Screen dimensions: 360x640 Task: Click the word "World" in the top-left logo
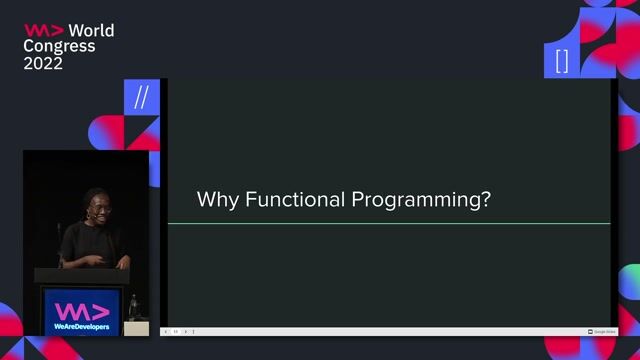[x=91, y=30]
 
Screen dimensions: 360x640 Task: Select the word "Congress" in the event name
[x=60, y=46]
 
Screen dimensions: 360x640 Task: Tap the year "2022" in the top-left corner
[x=43, y=63]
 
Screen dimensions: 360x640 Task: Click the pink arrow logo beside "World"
[x=44, y=30]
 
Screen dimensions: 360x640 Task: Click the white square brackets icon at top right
[x=561, y=61]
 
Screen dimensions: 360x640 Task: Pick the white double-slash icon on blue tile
[x=141, y=97]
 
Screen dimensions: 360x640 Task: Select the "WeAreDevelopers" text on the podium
[x=82, y=327]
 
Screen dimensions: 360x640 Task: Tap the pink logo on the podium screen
[x=82, y=309]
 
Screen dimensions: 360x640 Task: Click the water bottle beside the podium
[x=133, y=306]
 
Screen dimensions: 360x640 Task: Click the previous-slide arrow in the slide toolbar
[x=166, y=331]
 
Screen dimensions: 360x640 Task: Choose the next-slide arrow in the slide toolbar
[x=185, y=331]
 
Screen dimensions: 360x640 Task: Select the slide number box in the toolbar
[x=175, y=331]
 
